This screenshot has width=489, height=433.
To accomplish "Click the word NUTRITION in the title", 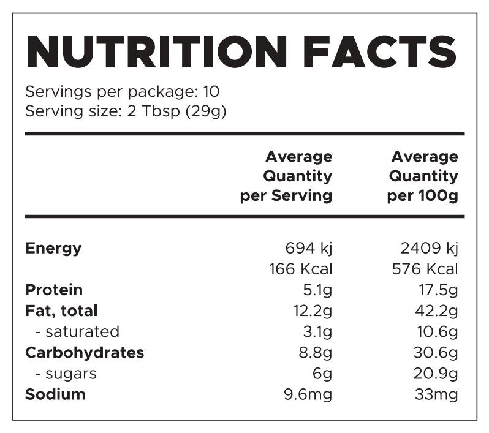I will point(156,51).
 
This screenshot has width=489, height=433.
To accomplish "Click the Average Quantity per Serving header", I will point(286,176).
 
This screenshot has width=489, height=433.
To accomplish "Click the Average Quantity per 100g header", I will point(423,176).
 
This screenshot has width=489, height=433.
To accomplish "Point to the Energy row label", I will point(53,249).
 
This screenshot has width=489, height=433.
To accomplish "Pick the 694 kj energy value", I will point(309,249).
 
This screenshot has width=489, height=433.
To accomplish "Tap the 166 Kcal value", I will point(300,269).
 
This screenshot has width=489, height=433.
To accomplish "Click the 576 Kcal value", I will point(425,269).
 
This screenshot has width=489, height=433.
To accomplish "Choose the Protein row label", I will point(54,290).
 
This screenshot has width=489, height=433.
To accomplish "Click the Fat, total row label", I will point(61,311).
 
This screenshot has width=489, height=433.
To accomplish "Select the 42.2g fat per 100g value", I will point(436,311).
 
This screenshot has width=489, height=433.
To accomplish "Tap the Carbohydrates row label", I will point(85,353).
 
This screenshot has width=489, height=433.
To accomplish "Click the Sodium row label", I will point(55,394).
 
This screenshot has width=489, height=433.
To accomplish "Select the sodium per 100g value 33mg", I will point(436,394).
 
